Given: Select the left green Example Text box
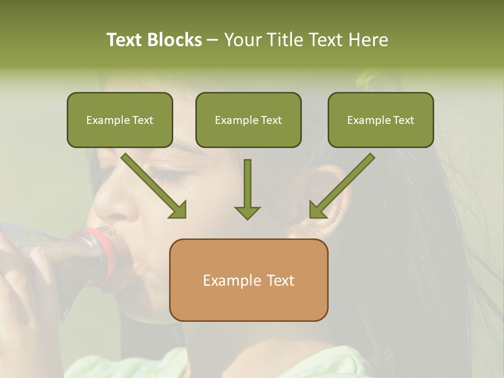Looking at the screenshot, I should pyautogui.click(x=120, y=120).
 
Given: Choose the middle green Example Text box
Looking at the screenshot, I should pyautogui.click(x=248, y=120).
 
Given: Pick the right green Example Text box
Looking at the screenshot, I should pyautogui.click(x=381, y=120).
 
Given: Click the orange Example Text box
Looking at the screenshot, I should pyautogui.click(x=248, y=280).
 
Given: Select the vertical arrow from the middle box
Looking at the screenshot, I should pyautogui.click(x=247, y=189).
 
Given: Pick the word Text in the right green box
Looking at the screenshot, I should pyautogui.click(x=403, y=120).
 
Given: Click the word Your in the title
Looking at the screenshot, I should pyautogui.click(x=243, y=40).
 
